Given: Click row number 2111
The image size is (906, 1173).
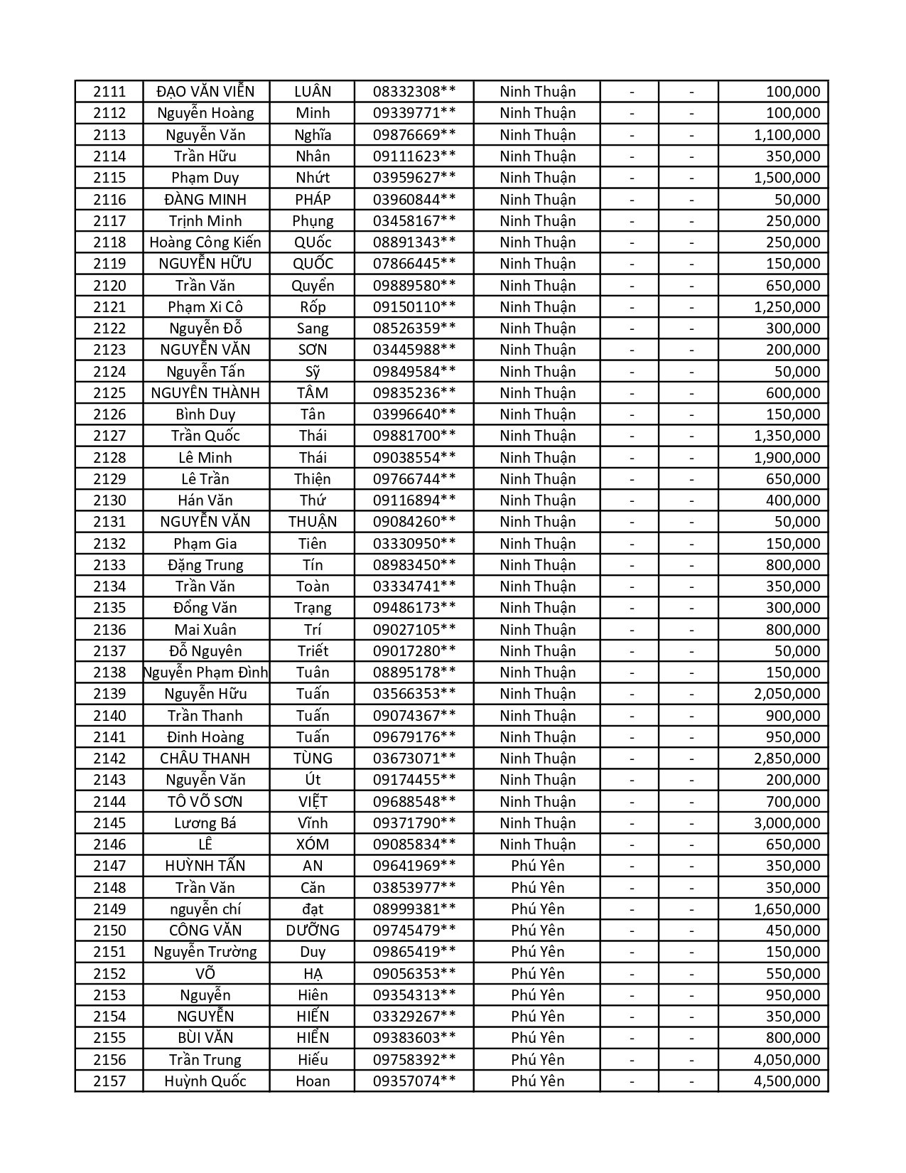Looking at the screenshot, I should [109, 92].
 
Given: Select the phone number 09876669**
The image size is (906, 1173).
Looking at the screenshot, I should [414, 135].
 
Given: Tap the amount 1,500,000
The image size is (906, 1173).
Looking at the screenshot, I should [787, 178].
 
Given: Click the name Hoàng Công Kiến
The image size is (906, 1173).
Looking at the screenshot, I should [205, 242].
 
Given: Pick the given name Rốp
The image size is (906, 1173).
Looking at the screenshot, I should [313, 307].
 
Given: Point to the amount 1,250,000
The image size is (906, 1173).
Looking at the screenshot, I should [787, 307].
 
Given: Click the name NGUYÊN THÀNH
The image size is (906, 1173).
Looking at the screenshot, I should [205, 393].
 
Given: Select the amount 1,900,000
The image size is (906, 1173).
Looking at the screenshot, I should [787, 458].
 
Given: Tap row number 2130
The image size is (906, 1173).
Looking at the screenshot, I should [109, 500].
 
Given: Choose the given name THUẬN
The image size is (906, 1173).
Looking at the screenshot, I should [313, 522].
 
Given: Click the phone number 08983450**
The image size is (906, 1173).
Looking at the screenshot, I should [414, 565].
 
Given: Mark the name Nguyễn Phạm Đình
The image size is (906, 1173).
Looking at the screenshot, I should [205, 673].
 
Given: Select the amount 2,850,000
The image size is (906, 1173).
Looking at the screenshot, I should [787, 759].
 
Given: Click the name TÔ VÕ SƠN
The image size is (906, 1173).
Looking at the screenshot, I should [205, 802].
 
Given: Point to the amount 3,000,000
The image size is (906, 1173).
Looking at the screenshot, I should [787, 823].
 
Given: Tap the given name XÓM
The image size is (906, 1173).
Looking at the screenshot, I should [313, 845].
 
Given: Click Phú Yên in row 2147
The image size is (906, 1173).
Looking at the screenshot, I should [537, 866].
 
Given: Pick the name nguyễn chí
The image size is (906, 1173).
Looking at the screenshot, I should [205, 909].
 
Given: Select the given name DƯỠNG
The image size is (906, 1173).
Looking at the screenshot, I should [313, 931].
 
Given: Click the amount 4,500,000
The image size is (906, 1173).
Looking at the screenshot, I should [787, 1081].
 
